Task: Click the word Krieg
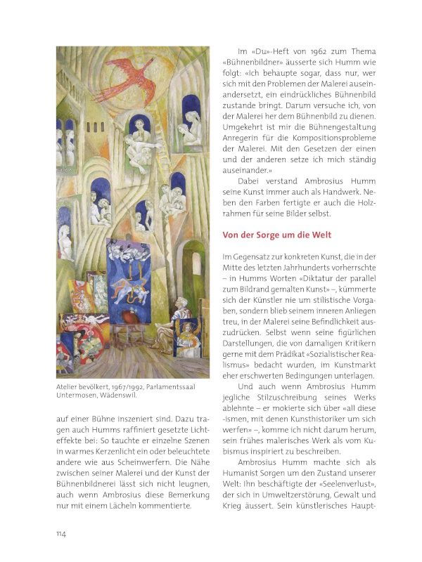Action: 235,512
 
